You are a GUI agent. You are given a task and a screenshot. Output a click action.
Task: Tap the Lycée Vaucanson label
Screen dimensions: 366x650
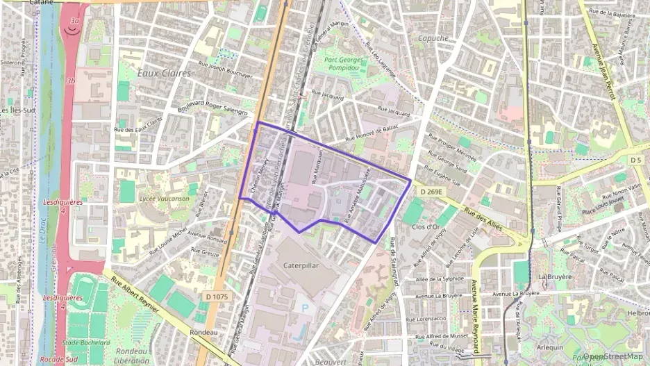(x=164, y=199)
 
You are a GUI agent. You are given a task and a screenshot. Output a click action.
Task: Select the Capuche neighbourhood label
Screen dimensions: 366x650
(x=433, y=39)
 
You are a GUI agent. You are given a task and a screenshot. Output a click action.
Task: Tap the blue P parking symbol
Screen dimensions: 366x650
(x=302, y=306)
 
